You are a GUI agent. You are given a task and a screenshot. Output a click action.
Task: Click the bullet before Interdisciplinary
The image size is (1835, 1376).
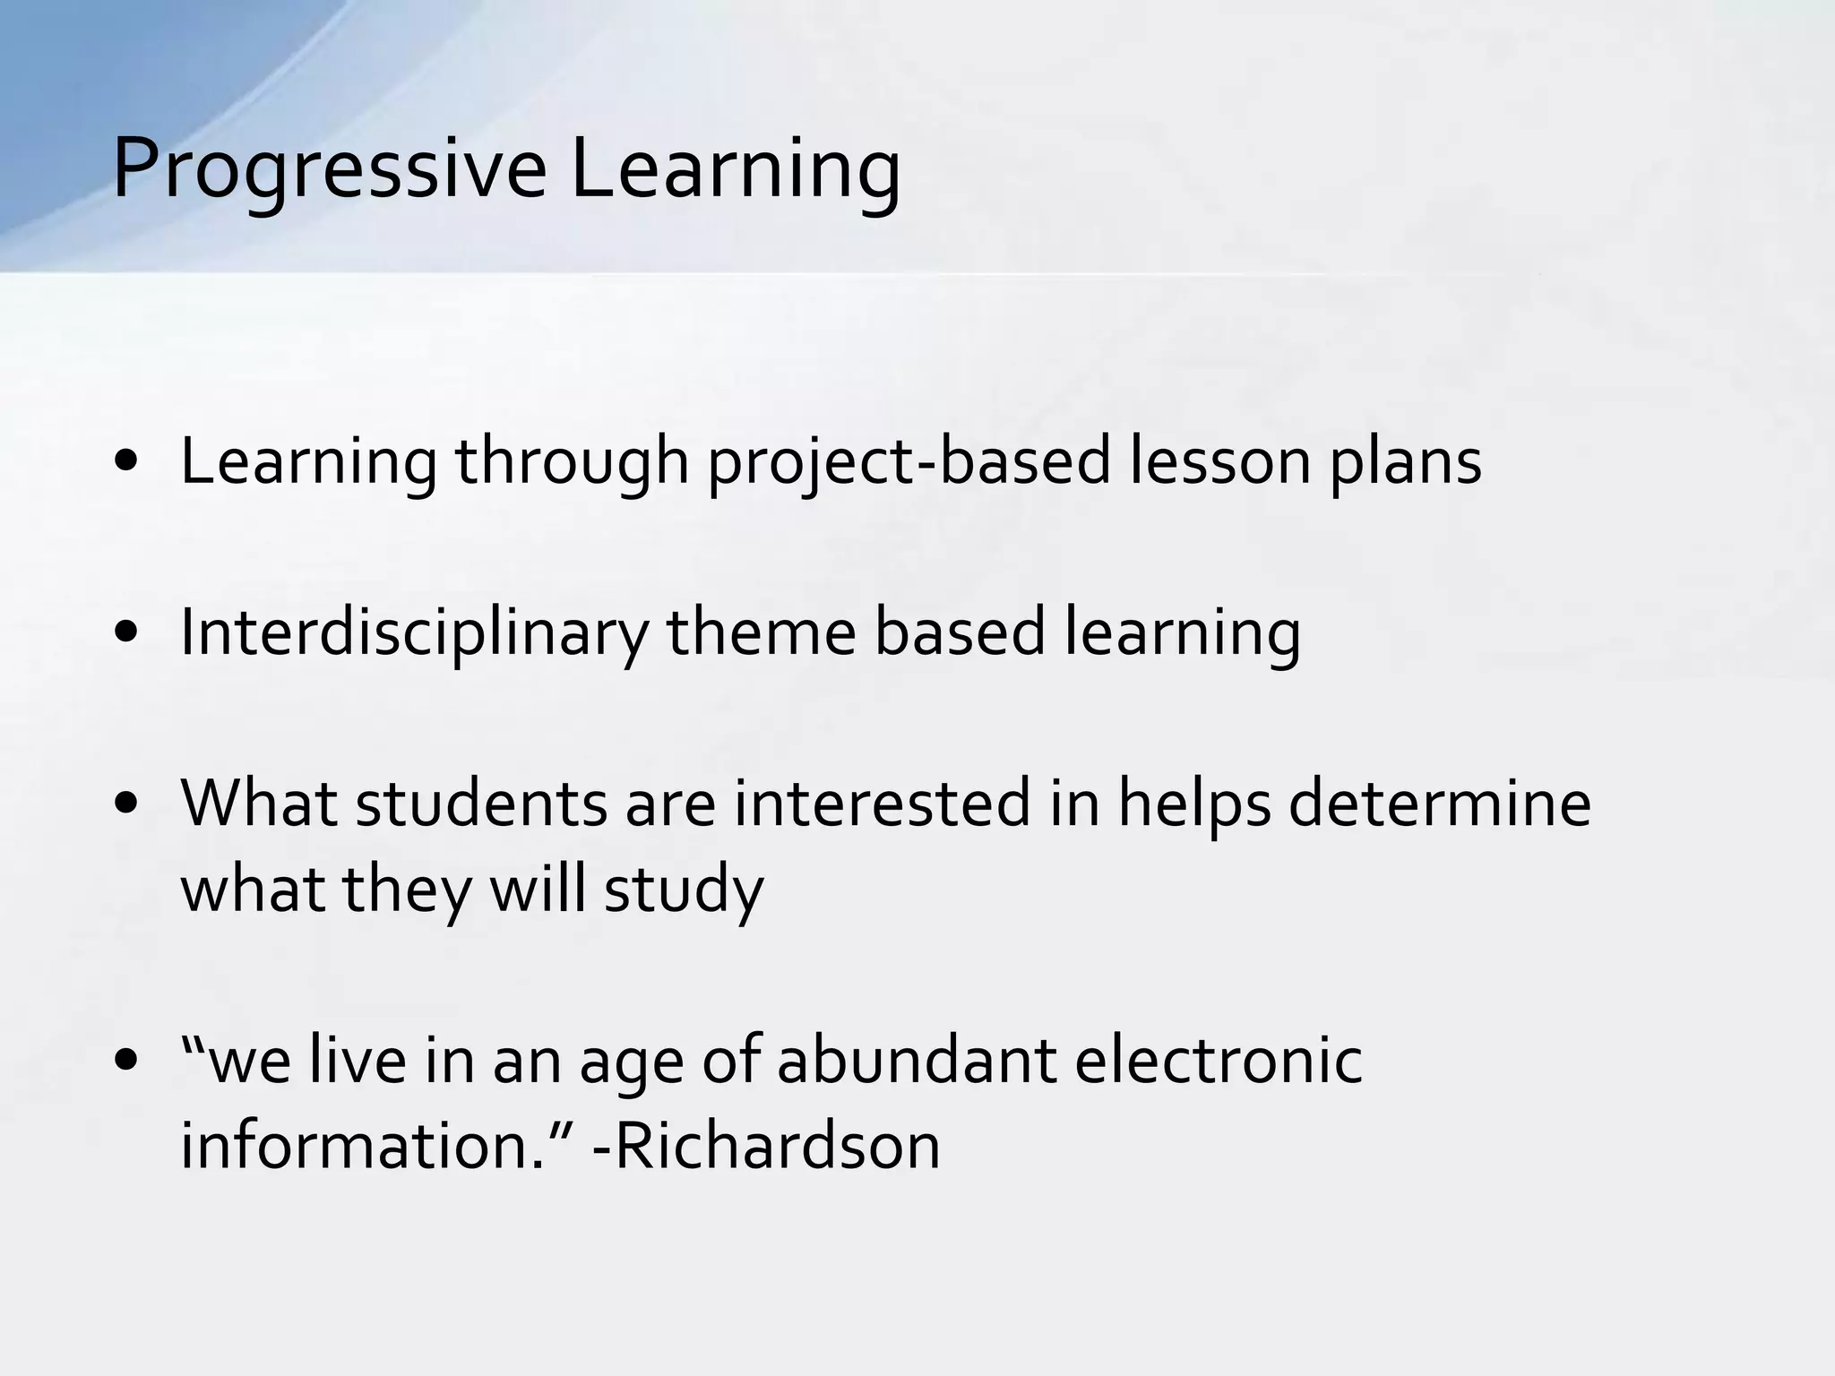(x=126, y=633)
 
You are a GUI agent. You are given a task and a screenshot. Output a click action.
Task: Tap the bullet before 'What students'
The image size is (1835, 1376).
(x=126, y=804)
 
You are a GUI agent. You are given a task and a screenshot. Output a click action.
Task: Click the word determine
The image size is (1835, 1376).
(x=1440, y=804)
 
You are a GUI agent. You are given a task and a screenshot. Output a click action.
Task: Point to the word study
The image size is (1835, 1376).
(x=684, y=891)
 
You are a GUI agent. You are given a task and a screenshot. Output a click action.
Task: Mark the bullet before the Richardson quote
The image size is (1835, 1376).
(x=126, y=1062)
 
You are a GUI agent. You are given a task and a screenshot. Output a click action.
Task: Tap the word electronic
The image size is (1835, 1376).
(x=1219, y=1062)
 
